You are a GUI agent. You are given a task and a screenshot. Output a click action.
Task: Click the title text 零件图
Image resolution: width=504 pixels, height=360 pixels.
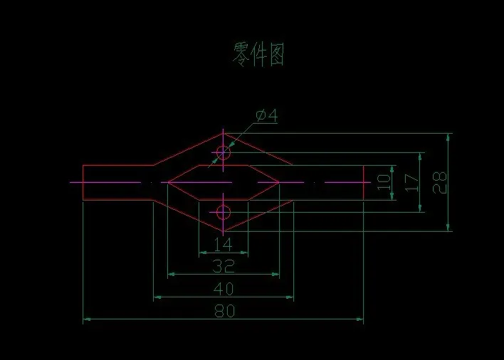(259, 55)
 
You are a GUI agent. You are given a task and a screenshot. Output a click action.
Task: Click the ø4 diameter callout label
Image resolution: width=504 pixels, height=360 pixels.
(266, 115)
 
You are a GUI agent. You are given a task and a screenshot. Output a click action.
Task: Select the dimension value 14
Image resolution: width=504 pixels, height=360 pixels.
(223, 245)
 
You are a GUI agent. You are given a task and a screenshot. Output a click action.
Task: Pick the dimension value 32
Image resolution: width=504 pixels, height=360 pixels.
(223, 266)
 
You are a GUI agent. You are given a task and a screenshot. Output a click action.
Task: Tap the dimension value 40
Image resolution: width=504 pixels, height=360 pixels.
(223, 289)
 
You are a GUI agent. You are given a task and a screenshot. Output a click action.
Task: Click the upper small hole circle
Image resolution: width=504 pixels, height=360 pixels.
(224, 152)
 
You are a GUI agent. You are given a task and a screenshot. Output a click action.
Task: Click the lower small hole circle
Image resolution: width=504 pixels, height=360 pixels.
(224, 211)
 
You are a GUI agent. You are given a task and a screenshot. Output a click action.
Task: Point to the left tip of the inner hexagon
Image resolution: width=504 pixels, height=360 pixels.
(167, 182)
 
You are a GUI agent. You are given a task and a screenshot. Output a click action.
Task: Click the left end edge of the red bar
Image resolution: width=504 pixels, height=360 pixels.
(83, 182)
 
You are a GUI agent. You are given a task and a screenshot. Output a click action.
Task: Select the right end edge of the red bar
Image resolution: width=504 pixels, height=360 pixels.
(364, 182)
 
